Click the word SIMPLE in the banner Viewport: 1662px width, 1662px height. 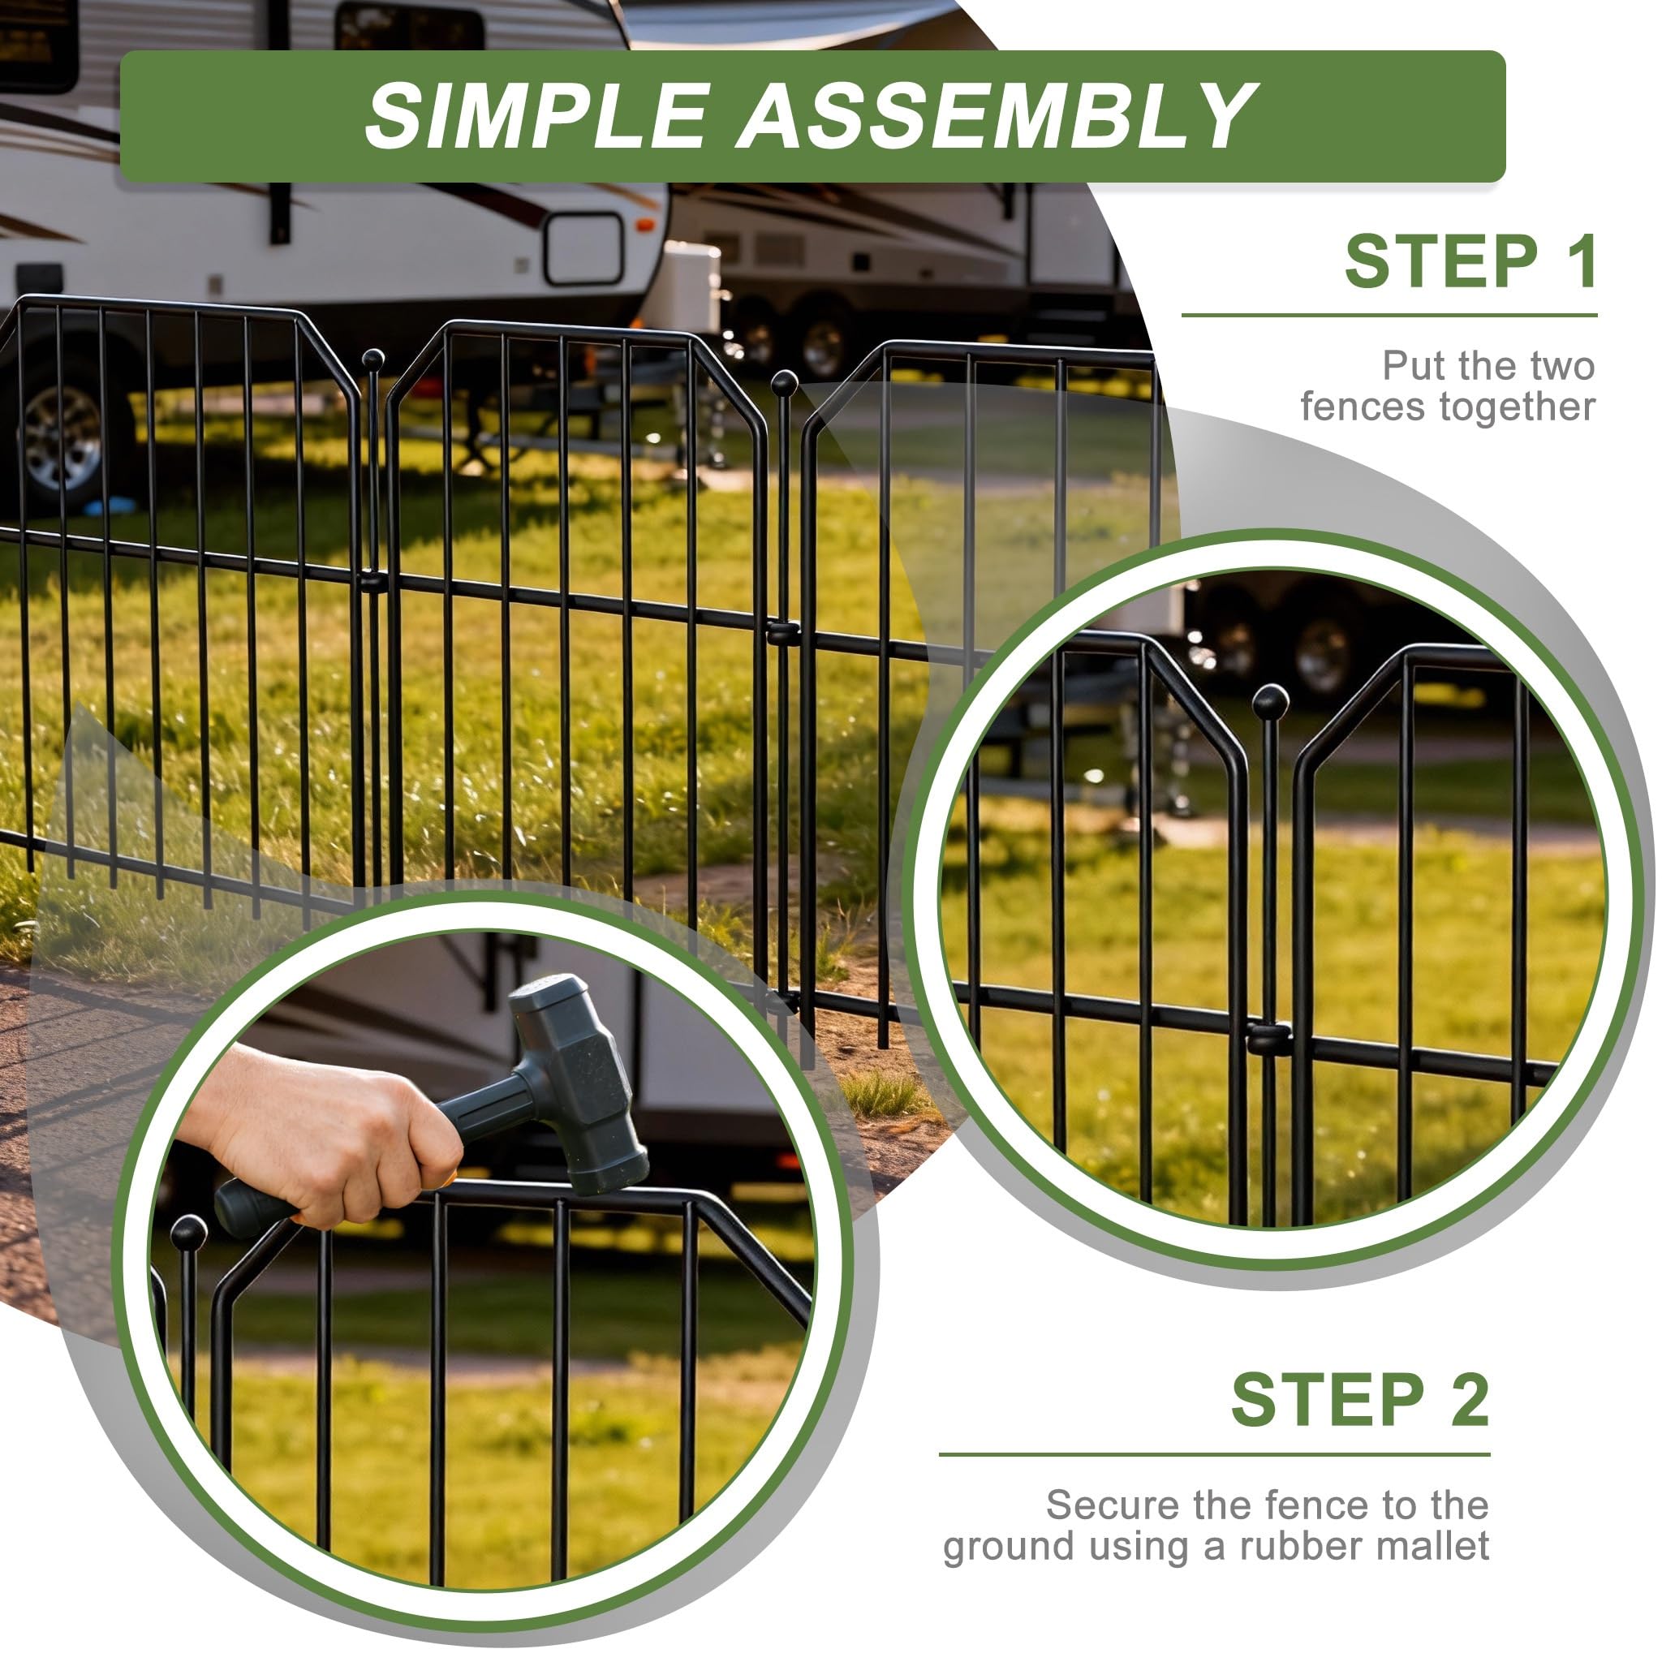click(x=536, y=116)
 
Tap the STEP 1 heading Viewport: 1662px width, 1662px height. click(x=1471, y=261)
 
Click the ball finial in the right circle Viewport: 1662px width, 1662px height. click(x=1271, y=702)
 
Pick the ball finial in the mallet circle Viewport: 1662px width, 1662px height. click(x=188, y=1234)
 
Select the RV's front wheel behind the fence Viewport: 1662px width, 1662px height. click(x=65, y=434)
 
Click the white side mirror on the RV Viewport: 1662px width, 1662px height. click(x=584, y=248)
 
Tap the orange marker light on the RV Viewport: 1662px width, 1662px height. click(x=644, y=226)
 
